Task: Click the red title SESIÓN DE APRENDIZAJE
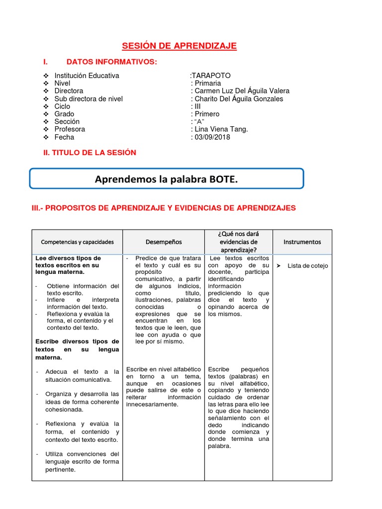180,46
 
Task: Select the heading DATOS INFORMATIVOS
111,62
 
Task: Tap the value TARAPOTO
211,76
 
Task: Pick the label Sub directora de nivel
89,99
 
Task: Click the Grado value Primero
207,114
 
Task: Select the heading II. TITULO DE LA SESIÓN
90,153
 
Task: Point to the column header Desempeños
164,242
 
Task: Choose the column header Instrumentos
302,242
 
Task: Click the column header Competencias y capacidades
77,242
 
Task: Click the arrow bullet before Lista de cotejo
279,266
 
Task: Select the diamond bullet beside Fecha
45,137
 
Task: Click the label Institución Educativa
87,76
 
